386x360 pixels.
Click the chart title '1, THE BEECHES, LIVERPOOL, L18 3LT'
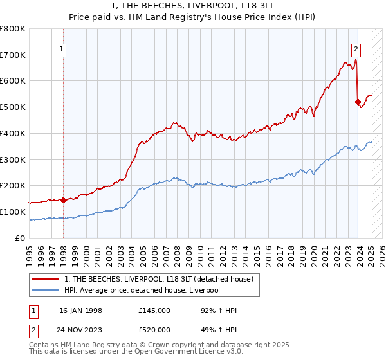[x=193, y=6]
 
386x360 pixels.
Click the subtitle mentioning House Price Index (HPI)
[x=193, y=17]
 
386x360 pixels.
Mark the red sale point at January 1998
[x=63, y=200]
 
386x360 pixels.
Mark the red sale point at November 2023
[x=358, y=102]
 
